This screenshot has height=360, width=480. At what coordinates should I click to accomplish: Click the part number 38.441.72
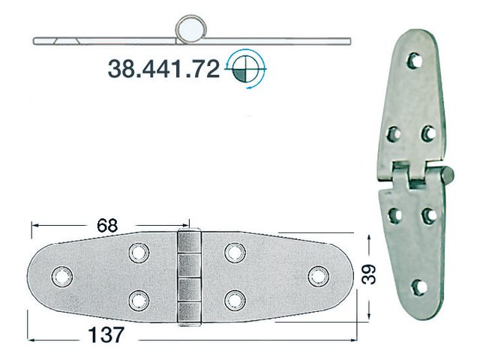(163, 70)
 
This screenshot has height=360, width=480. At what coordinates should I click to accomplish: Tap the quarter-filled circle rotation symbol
(244, 69)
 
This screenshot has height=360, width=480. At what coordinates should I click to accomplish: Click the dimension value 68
(108, 224)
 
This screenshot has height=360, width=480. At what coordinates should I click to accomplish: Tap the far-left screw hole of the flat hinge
(60, 276)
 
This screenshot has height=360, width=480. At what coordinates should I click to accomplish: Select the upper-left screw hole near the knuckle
(138, 253)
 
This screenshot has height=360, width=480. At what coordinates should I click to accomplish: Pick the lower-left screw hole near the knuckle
(138, 300)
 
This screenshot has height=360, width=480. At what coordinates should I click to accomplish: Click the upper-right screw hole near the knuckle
(235, 253)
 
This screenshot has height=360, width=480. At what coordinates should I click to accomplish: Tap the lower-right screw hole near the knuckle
(235, 300)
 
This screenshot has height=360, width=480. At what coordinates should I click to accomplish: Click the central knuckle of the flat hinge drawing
(190, 277)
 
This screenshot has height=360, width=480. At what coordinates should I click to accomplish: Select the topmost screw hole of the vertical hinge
(412, 58)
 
